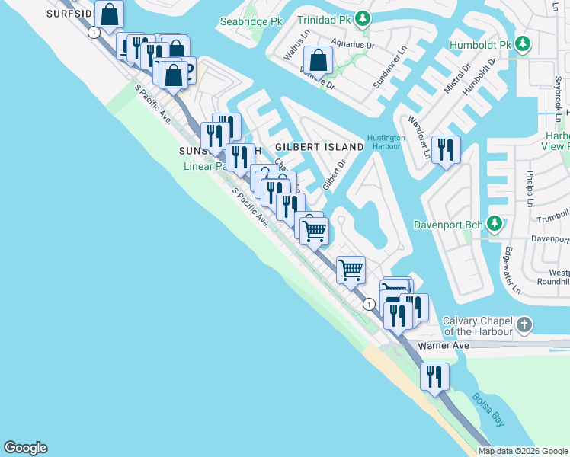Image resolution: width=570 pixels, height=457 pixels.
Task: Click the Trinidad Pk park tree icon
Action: pos(365,18)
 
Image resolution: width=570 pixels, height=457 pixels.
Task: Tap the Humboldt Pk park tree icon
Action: pos(522,44)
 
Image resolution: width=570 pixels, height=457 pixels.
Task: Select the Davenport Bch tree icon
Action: pos(495,224)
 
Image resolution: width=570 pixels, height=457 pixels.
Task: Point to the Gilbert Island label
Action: pos(319,146)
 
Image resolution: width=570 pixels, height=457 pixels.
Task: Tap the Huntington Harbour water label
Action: pos(384,142)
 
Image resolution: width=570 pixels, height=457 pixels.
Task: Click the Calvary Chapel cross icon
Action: pos(524,325)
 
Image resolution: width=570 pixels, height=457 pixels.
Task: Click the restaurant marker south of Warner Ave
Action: pos(434,376)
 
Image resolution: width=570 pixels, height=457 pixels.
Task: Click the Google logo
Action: pos(25,448)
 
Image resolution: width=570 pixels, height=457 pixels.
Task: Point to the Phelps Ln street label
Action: pos(530,188)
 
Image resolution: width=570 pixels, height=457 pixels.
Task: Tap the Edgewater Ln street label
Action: pos(510,271)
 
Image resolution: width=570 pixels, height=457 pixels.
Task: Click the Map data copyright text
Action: pos(524,451)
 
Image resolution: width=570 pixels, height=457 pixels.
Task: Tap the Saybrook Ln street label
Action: pos(558,95)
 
